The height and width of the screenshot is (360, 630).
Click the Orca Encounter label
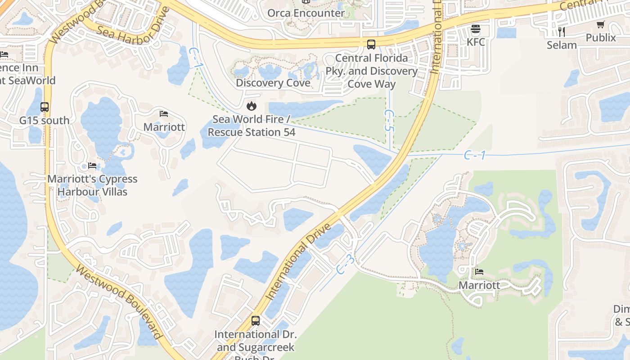(x=306, y=13)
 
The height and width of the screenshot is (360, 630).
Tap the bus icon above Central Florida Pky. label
(x=371, y=45)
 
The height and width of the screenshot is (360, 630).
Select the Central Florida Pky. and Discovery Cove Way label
(x=371, y=71)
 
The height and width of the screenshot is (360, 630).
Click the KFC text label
(x=476, y=42)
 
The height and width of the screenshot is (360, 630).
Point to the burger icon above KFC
(x=476, y=30)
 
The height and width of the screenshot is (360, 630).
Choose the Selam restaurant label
(x=562, y=45)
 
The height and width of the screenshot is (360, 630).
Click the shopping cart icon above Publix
(x=601, y=25)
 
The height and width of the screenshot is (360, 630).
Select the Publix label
(x=601, y=38)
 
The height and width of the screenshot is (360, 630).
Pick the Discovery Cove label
(x=273, y=83)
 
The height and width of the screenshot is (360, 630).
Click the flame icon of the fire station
(x=251, y=106)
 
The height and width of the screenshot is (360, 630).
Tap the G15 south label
(x=44, y=121)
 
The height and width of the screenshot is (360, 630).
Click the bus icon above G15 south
(x=45, y=107)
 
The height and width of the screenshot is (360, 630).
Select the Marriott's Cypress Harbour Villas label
(x=92, y=185)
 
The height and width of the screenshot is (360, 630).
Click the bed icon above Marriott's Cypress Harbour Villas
(x=92, y=166)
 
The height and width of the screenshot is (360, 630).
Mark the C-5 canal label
(x=389, y=121)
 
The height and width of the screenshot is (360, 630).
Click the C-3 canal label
(x=346, y=265)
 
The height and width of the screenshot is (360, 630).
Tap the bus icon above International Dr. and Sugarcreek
(x=256, y=321)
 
